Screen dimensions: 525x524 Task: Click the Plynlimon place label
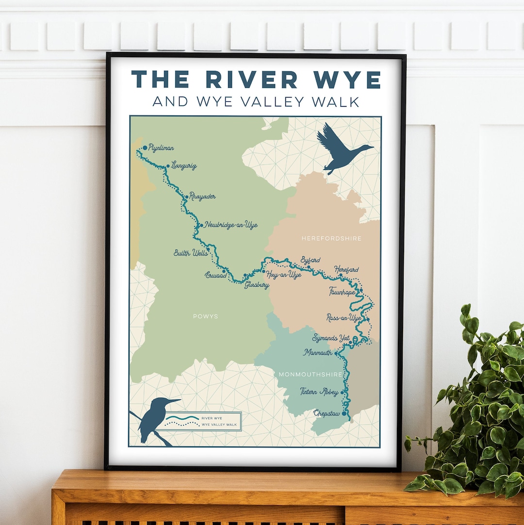(x=162, y=148)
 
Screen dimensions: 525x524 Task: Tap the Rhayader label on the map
(x=202, y=197)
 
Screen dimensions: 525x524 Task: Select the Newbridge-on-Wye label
(x=230, y=225)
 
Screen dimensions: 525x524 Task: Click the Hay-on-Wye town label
(x=284, y=275)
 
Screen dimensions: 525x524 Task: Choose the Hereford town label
(x=346, y=269)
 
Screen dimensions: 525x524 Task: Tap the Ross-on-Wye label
(x=344, y=318)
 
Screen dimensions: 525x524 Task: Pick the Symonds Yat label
(x=331, y=338)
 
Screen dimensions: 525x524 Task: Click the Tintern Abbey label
(x=319, y=392)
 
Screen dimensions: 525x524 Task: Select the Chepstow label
(x=327, y=413)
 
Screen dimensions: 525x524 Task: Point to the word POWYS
(x=205, y=316)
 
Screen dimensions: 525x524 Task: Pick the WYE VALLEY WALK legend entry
(x=219, y=425)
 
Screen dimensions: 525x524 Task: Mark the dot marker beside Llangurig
(x=168, y=166)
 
